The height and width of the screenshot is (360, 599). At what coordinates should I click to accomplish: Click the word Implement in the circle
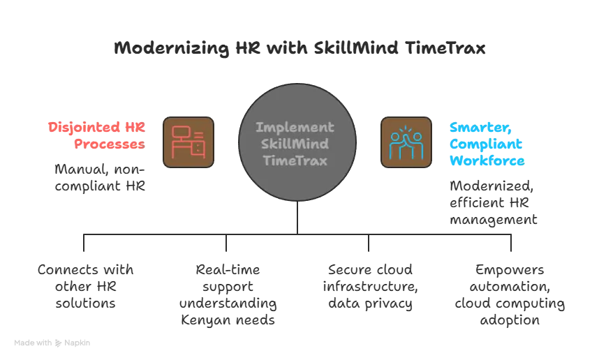click(x=294, y=128)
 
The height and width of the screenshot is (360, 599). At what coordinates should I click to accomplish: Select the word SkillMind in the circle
click(x=294, y=144)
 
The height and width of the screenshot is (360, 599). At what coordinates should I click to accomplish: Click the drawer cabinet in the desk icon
click(x=199, y=147)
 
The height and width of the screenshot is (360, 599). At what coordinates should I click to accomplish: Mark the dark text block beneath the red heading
click(x=98, y=179)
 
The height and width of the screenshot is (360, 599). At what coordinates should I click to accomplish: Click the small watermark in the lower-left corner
click(x=52, y=340)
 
